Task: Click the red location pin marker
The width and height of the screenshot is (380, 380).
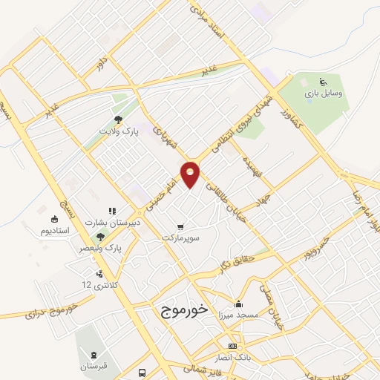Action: pos(191,174)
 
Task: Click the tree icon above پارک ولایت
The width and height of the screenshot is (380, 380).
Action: pos(118,119)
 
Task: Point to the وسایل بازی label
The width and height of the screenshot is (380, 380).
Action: pos(321,94)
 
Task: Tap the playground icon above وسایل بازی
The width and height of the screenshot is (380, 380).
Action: pos(321,82)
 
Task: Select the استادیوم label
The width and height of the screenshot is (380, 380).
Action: pos(55,231)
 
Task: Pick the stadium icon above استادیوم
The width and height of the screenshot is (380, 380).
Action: pos(54,219)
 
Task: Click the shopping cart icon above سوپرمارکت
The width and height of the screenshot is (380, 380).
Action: pos(180,226)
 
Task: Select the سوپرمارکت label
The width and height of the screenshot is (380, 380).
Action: pos(182,237)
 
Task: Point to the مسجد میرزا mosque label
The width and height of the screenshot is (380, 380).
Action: pos(237,315)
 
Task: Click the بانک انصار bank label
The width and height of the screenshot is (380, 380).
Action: pos(232,358)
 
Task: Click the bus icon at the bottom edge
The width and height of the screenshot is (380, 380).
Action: pos(142,372)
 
